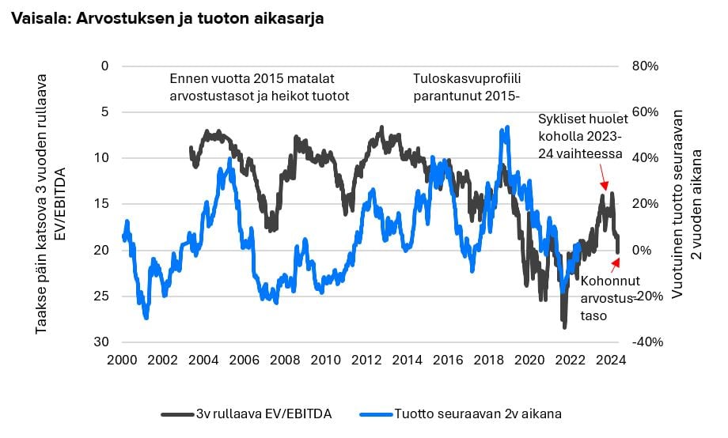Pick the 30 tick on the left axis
[101, 342]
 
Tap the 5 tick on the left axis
[104, 111]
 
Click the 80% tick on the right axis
[645, 66]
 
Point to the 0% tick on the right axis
[642, 250]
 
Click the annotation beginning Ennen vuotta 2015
[260, 87]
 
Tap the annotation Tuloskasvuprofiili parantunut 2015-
[467, 87]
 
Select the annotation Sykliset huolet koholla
[583, 136]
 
